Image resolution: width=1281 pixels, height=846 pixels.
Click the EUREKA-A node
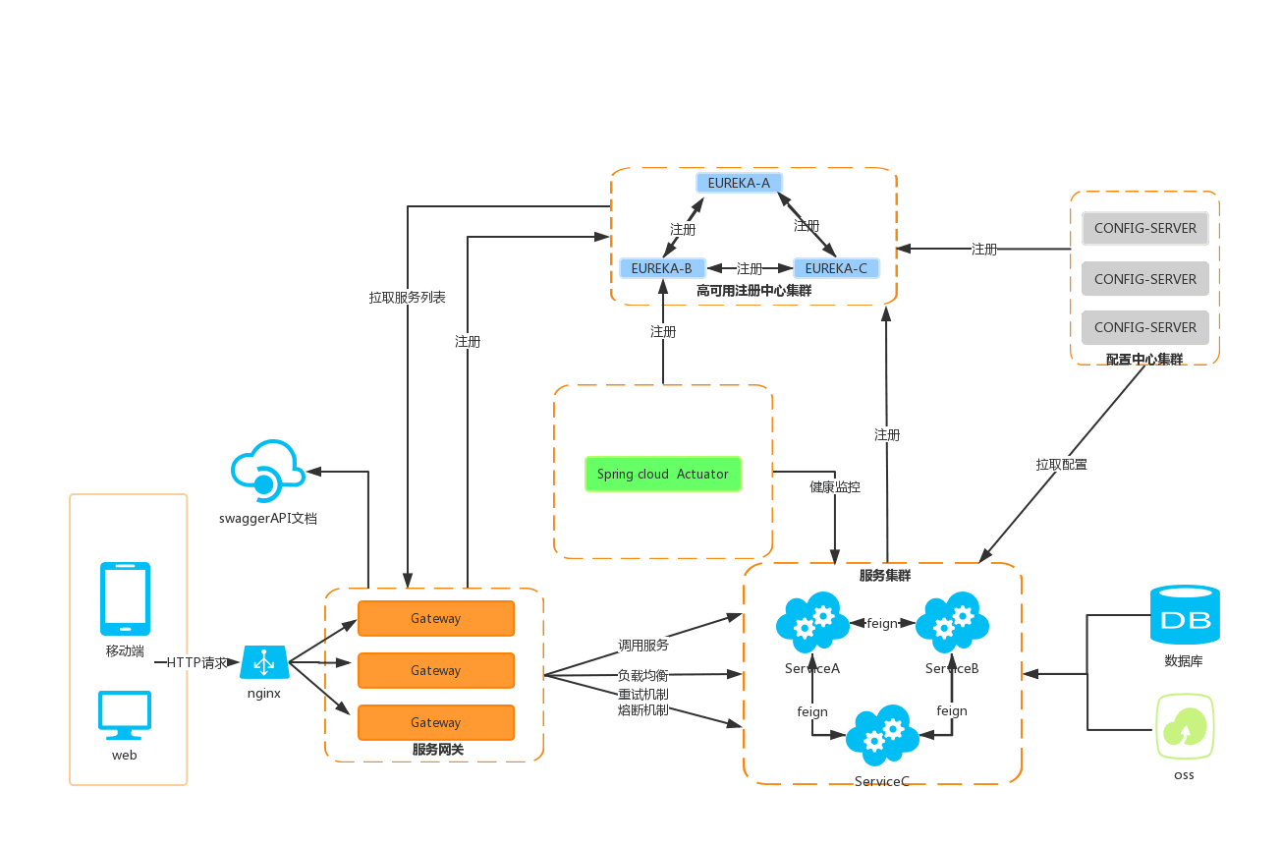739,183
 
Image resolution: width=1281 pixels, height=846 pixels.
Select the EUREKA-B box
661,268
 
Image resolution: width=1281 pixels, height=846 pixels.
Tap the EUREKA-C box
836,268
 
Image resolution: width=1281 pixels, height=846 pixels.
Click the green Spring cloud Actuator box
663,474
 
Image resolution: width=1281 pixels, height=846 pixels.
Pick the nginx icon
264,663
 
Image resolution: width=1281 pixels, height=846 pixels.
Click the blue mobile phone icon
126,598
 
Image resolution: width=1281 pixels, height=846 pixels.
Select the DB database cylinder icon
1185,615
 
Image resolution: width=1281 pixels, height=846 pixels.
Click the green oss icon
1185,726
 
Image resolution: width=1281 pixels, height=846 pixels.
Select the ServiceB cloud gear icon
952,622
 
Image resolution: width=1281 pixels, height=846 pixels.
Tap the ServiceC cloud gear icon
881,735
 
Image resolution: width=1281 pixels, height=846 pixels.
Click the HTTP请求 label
196,663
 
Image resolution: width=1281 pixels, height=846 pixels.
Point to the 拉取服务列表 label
408,297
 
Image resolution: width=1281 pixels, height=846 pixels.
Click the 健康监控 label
835,486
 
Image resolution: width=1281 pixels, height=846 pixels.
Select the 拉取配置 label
1062,464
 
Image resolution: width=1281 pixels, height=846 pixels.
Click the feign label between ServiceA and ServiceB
882,623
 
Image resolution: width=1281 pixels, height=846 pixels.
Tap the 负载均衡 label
643,675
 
